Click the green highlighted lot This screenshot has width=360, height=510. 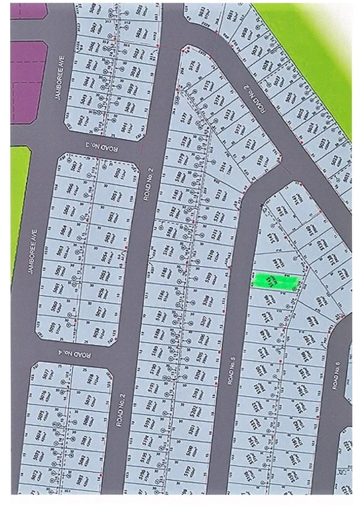click(x=275, y=281)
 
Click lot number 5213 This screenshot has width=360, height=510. click(x=217, y=195)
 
